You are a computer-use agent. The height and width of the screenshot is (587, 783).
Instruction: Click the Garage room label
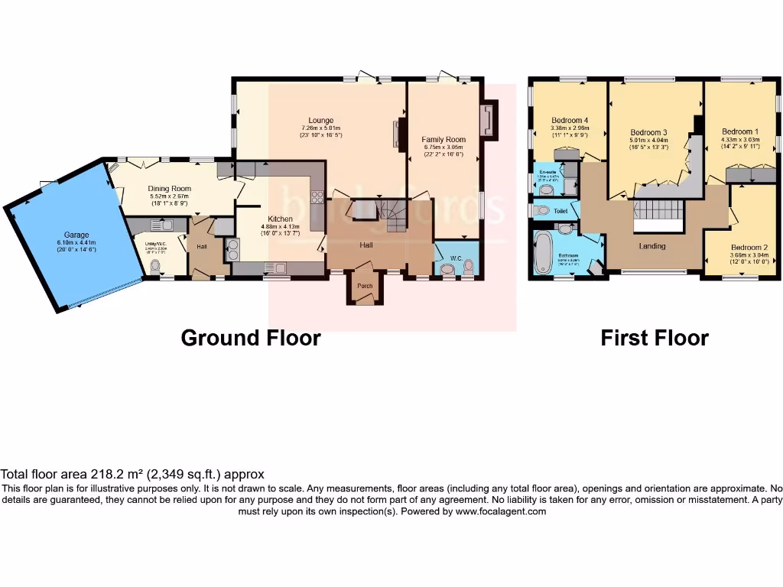[x=76, y=235]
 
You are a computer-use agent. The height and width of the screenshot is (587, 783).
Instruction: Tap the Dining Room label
[x=170, y=189]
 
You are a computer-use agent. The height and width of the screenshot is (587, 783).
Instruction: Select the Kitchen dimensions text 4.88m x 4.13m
[x=280, y=226]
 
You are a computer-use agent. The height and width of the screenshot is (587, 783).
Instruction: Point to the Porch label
[x=366, y=287]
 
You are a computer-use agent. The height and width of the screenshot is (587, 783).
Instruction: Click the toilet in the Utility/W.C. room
[x=156, y=267]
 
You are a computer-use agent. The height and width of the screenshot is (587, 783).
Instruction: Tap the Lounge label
[x=320, y=120]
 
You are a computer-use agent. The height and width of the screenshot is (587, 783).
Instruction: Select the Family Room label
[x=443, y=140]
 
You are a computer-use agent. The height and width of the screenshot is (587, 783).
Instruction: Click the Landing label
[x=652, y=246]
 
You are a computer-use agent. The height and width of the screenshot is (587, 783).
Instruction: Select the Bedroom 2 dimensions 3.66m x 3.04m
[x=745, y=257]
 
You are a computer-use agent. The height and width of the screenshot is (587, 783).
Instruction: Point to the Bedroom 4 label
[x=570, y=120]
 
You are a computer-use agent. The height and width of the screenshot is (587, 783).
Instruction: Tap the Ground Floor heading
[x=250, y=338]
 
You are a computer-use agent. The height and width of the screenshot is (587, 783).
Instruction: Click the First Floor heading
[x=655, y=338]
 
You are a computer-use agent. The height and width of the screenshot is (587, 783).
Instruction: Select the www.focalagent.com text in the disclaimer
[x=501, y=511]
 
